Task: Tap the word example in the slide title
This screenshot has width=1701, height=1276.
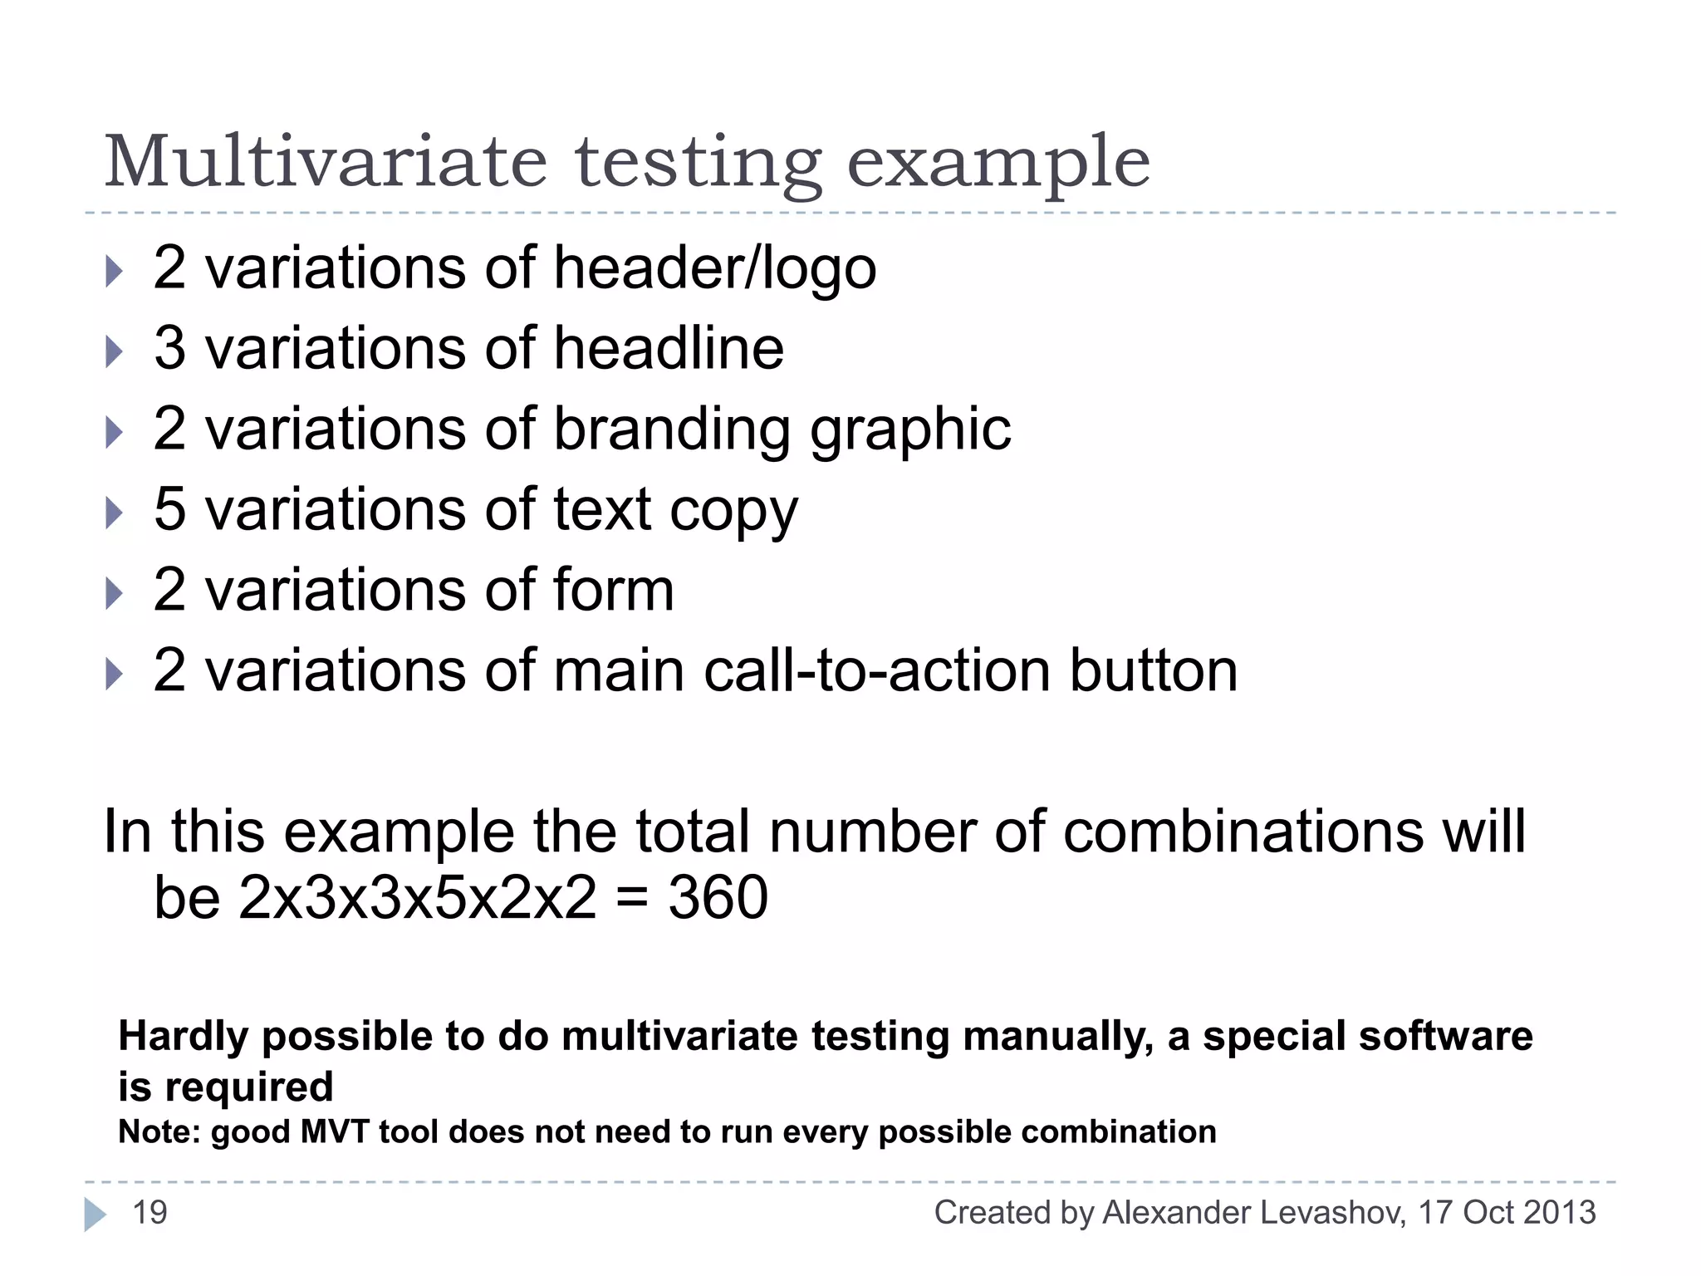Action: (998, 163)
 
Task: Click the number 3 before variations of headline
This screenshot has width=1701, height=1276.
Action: (169, 348)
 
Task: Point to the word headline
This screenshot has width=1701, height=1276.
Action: (669, 348)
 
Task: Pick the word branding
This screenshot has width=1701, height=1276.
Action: (671, 429)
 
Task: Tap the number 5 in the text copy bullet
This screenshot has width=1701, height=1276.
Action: (169, 509)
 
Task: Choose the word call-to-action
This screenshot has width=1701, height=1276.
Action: (877, 670)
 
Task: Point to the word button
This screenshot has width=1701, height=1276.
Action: (1154, 670)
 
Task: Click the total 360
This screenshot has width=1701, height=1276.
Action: (718, 898)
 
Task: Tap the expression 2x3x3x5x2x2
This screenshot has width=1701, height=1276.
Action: (417, 898)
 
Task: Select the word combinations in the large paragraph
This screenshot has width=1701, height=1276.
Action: (1243, 831)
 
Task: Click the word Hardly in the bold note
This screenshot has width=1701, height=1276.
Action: (184, 1037)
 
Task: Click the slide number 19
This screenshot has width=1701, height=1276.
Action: (150, 1213)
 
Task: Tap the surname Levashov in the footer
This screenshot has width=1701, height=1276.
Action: (1332, 1213)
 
